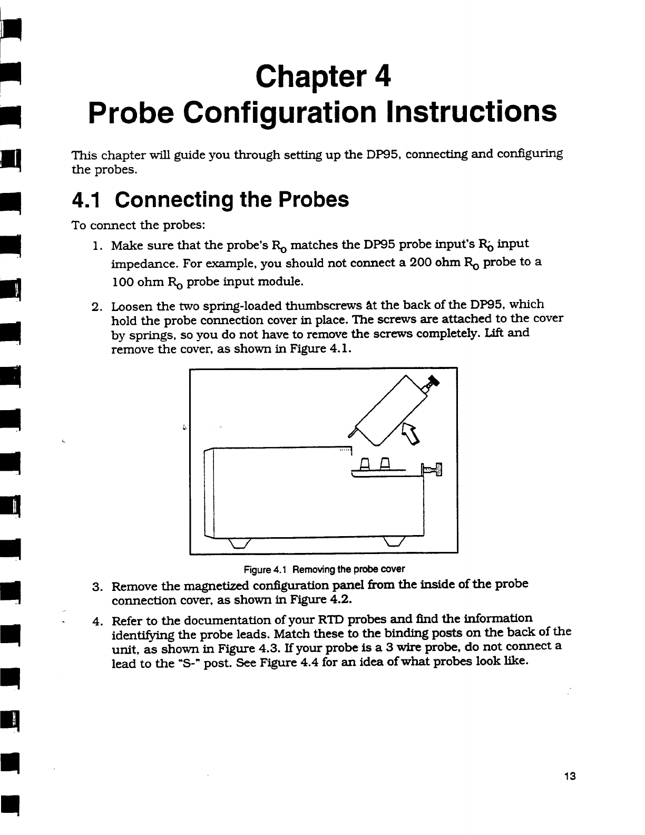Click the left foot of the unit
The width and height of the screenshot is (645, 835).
[237, 543]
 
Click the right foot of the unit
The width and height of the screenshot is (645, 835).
[394, 543]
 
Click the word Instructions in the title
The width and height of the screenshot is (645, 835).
[471, 113]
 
